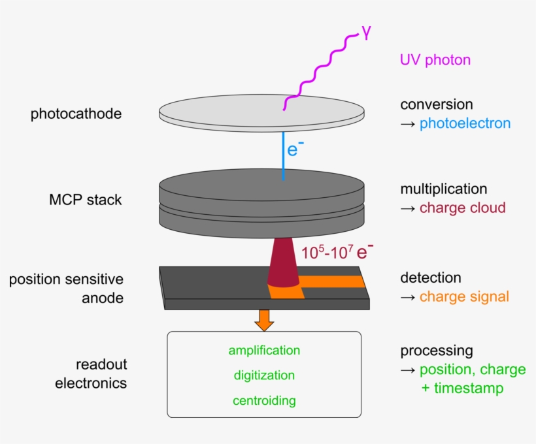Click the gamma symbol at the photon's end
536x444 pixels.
[x=366, y=33]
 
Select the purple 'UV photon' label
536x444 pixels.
[x=435, y=60]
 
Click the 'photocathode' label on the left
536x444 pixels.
[x=76, y=114]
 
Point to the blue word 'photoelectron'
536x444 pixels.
[x=465, y=123]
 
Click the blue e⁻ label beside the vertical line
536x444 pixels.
[x=295, y=150]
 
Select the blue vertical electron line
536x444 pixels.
[x=283, y=157]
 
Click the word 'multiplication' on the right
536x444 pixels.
[x=443, y=189]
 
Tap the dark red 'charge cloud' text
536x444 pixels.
[x=462, y=208]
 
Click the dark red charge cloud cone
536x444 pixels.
[x=283, y=264]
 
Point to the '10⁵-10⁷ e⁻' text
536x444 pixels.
[x=337, y=251]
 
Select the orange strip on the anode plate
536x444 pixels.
[x=333, y=282]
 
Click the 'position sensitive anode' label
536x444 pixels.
[x=66, y=289]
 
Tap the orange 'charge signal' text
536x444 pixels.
[x=464, y=297]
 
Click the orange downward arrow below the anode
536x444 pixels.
[x=264, y=319]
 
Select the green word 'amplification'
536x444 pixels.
[x=264, y=351]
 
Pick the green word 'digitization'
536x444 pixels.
[x=264, y=375]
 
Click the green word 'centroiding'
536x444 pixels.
[x=264, y=400]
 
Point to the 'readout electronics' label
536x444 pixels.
[x=91, y=373]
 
